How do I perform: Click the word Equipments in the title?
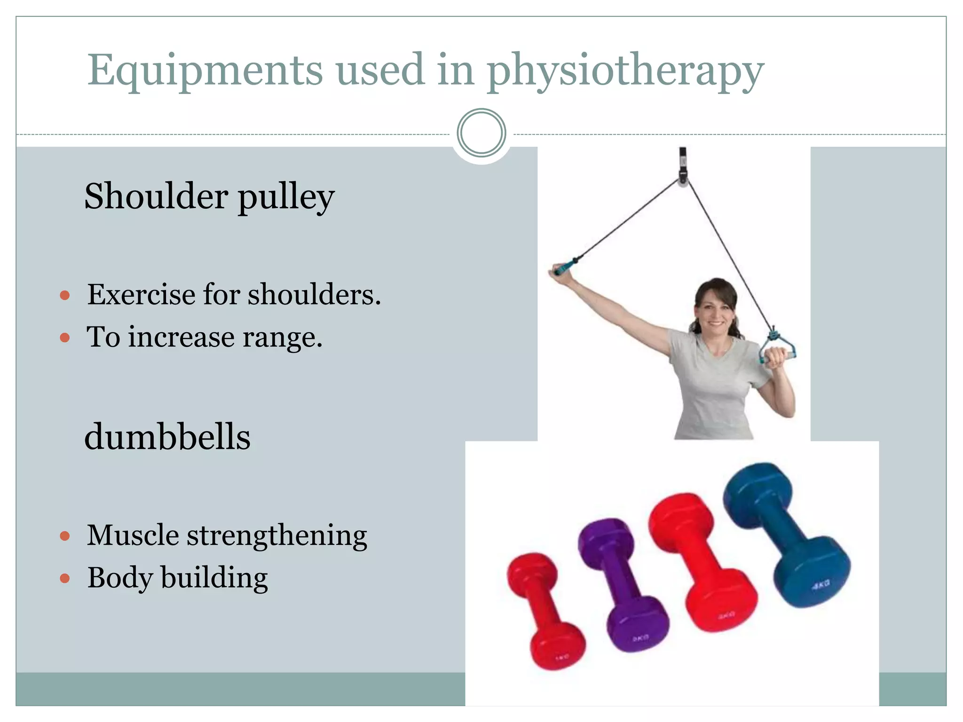pos(205,71)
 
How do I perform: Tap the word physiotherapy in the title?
pos(625,71)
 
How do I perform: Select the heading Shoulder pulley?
pos(209,196)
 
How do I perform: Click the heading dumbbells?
pos(167,437)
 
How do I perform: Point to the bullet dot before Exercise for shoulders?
pos(65,296)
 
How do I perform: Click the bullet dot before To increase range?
pos(65,337)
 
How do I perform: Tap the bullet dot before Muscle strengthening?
pos(65,536)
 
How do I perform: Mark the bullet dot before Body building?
pos(65,578)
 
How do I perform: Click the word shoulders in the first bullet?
pos(314,295)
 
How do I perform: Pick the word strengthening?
pos(277,536)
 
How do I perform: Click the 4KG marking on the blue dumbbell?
pos(821,584)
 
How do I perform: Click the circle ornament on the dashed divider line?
pos(481,133)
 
